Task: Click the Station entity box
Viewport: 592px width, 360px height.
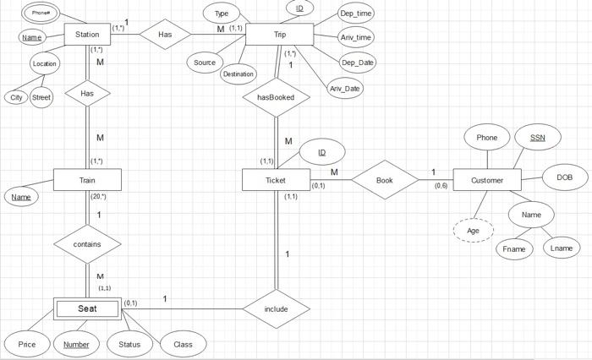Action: [87, 35]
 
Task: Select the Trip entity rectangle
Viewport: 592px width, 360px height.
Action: [280, 35]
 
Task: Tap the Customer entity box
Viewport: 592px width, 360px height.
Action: [487, 180]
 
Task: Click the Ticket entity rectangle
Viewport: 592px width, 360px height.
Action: [276, 180]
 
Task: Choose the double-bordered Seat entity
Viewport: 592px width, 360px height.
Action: [87, 308]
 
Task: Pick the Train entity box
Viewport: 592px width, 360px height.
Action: [87, 180]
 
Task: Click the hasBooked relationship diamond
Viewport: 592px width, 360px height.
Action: [276, 97]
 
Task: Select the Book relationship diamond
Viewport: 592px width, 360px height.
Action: [385, 180]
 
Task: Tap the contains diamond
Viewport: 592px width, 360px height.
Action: [87, 244]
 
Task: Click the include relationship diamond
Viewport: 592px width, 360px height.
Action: [276, 309]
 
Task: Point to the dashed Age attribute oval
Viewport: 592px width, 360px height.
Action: [474, 230]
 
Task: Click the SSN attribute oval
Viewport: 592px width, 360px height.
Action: [538, 137]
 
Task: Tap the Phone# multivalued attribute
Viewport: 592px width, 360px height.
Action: [41, 13]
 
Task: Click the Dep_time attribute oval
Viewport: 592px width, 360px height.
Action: [356, 14]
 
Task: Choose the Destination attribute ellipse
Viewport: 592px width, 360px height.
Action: [238, 74]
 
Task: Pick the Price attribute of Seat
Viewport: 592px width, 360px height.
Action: [27, 344]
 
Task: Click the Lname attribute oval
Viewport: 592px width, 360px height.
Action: [561, 248]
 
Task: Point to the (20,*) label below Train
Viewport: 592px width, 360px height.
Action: [98, 196]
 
